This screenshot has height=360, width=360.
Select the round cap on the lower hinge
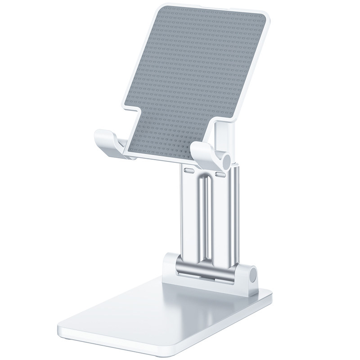coord(252,274)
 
